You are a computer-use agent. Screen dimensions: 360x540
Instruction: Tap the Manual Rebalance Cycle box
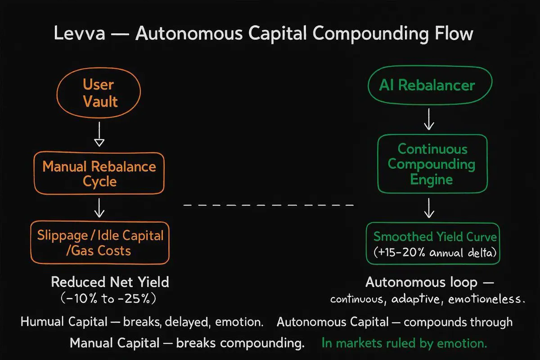[x=99, y=174]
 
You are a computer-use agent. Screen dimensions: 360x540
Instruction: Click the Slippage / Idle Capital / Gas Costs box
[x=99, y=243]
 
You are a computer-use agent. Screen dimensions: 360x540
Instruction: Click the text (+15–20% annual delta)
[x=435, y=253]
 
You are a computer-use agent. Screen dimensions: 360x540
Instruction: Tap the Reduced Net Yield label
[x=110, y=283]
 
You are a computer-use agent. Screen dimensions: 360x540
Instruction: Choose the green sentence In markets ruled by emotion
[x=404, y=343]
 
